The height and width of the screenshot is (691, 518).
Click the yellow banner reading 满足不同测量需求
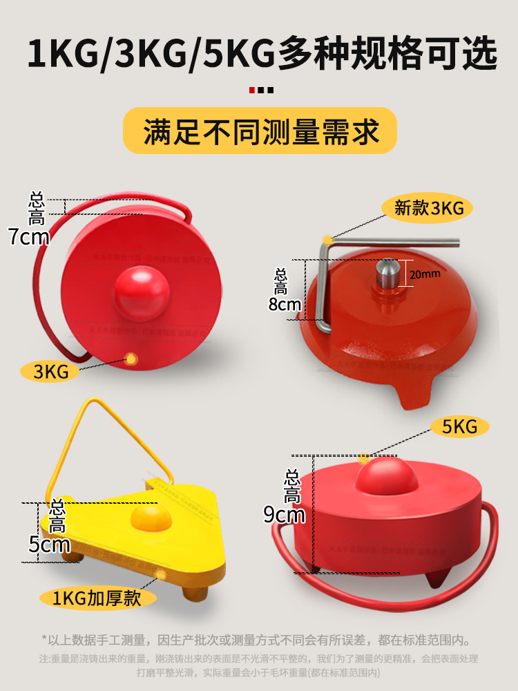point(260,131)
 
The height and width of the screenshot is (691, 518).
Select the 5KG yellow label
point(460,426)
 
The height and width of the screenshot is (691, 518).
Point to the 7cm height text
point(29,237)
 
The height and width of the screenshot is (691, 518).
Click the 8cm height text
point(285,304)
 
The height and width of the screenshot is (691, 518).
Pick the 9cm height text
point(285,514)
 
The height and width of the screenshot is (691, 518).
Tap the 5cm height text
point(48,545)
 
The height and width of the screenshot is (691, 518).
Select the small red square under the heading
point(252,90)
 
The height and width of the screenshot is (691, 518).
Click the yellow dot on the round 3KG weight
point(129,358)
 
